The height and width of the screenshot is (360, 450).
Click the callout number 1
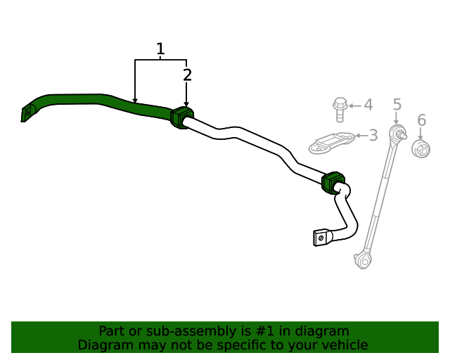coord(160,49)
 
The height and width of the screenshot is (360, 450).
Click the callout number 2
coord(187,75)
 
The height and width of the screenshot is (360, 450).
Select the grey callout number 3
coord(373,135)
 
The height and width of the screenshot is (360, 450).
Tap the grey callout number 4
coord(368,105)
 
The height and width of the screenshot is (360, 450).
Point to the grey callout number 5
coord(397,105)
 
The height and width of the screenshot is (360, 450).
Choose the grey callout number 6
coord(422,120)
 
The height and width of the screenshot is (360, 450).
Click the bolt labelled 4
coord(340,110)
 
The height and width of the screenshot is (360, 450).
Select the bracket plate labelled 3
coord(332,143)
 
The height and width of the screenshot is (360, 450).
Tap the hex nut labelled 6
coord(420,148)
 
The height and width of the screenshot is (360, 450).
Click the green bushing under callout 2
coord(181,117)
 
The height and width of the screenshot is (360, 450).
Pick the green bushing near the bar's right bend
coord(333,183)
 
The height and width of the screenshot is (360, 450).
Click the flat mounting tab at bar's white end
coord(322,238)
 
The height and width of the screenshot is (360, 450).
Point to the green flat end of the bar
coord(27,113)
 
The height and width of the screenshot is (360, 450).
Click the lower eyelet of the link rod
coord(363,261)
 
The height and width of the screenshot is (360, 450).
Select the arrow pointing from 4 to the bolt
coord(355,106)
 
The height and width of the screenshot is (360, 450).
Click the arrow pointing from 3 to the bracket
coord(361,136)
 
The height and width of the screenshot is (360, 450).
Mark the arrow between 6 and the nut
coord(420,134)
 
